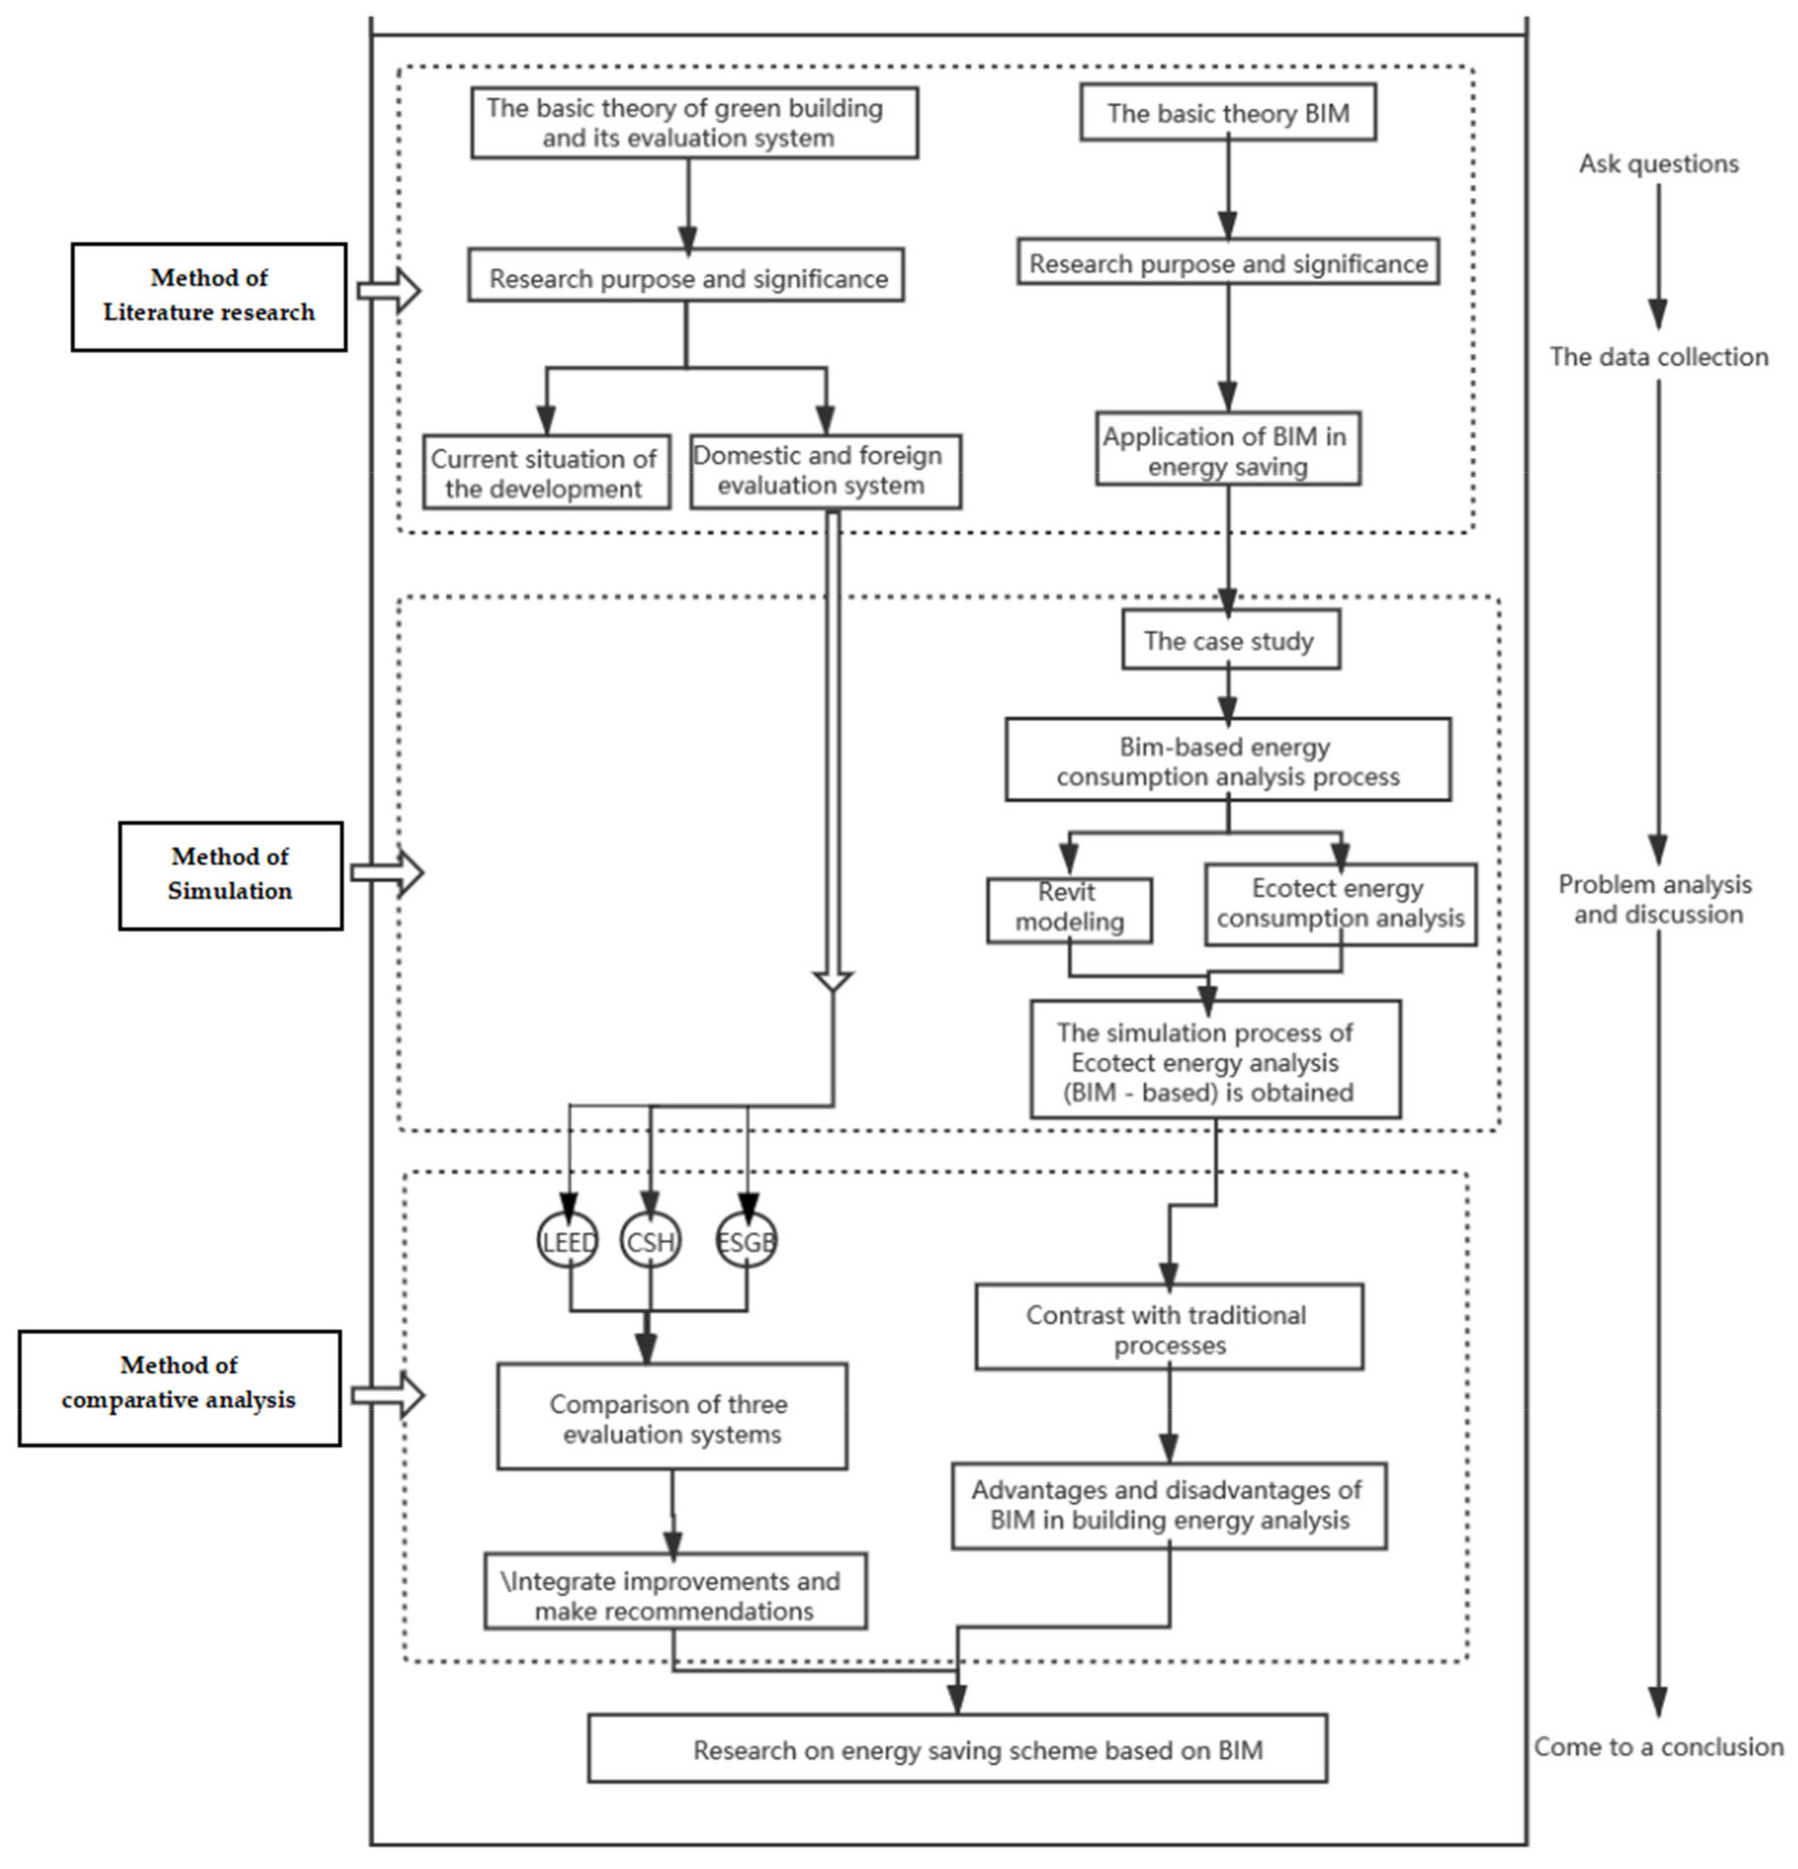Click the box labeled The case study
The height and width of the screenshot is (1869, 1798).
[x=1230, y=641]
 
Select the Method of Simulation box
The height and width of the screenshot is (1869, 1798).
[x=230, y=874]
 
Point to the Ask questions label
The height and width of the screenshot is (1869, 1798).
[x=1658, y=164]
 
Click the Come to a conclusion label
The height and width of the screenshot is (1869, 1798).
[x=1658, y=1747]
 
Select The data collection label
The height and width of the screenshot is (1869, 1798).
[x=1658, y=357]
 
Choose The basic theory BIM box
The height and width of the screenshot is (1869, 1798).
[x=1228, y=113]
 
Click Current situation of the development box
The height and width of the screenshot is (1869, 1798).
[x=546, y=473]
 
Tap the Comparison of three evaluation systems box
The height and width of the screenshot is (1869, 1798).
[x=671, y=1417]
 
